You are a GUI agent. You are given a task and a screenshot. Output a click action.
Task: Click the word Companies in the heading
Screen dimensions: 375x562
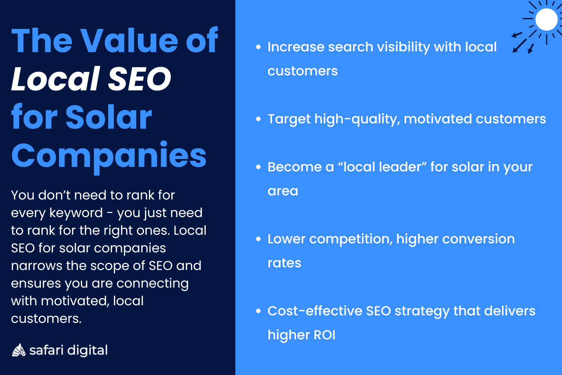109,156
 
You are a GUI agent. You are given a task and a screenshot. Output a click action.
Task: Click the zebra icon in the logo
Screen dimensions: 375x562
18,350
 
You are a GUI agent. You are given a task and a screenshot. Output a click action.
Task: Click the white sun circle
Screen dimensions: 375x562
546,19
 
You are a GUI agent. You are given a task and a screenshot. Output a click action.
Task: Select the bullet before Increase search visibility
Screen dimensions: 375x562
258,47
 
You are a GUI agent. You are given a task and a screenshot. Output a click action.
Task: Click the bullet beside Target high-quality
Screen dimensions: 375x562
258,119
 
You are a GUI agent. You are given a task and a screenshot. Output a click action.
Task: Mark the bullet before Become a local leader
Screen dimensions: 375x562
258,167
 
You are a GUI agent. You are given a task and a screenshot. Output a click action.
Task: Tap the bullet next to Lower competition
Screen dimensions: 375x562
258,239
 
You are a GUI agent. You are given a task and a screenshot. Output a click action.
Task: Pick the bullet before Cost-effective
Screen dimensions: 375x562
258,311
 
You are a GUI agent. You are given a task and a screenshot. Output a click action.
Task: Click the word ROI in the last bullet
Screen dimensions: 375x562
324,335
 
